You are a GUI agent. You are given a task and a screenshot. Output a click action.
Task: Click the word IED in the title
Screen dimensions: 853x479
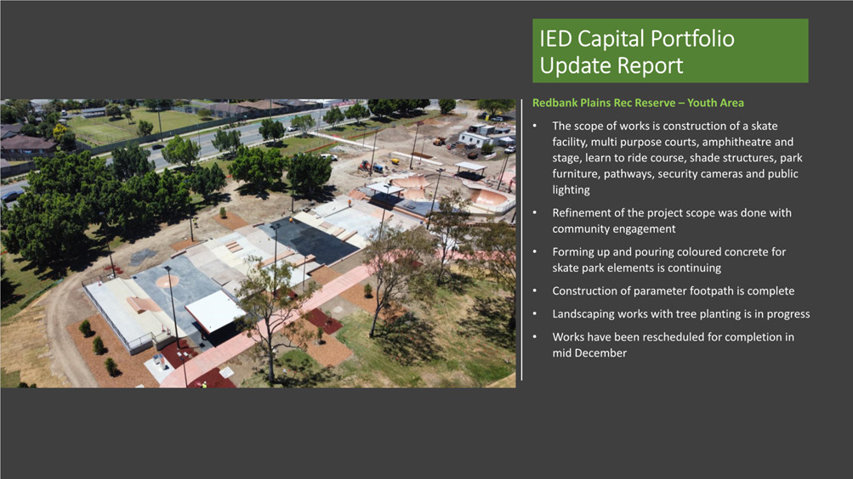[x=555, y=38]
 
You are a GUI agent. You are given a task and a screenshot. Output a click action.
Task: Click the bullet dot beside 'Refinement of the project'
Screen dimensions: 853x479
[x=535, y=213]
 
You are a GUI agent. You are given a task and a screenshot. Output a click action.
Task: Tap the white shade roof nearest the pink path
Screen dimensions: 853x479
[x=216, y=311]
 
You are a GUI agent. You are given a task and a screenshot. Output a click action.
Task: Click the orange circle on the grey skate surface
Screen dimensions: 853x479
[x=168, y=281]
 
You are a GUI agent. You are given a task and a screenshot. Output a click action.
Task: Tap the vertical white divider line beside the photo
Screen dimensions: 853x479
[x=521, y=239]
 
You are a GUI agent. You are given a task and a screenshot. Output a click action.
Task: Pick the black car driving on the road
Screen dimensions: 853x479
[x=158, y=147]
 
